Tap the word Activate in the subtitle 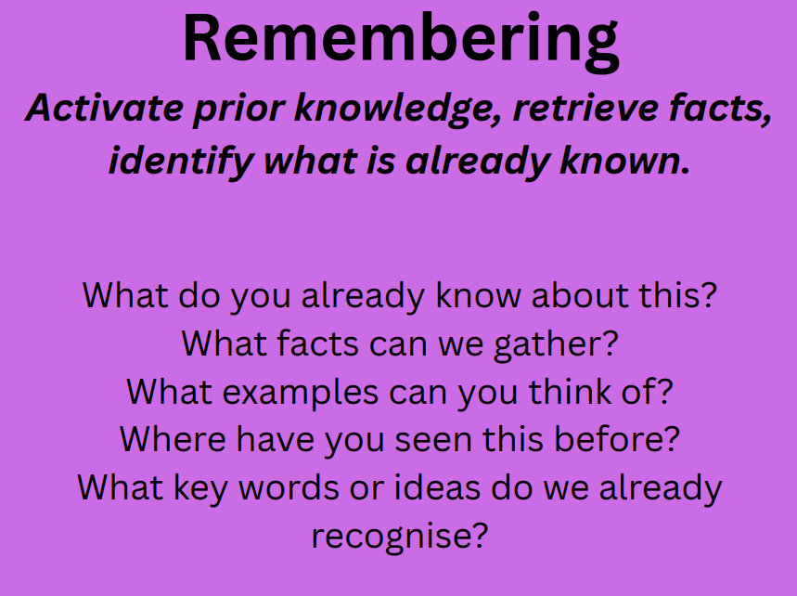click(x=104, y=108)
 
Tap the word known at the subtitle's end click(x=624, y=161)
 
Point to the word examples click(x=301, y=393)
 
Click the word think click(x=570, y=392)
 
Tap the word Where click(x=173, y=439)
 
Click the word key click(x=200, y=488)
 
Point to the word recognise click(x=392, y=537)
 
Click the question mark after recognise click(x=480, y=535)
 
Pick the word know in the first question click(x=479, y=294)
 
